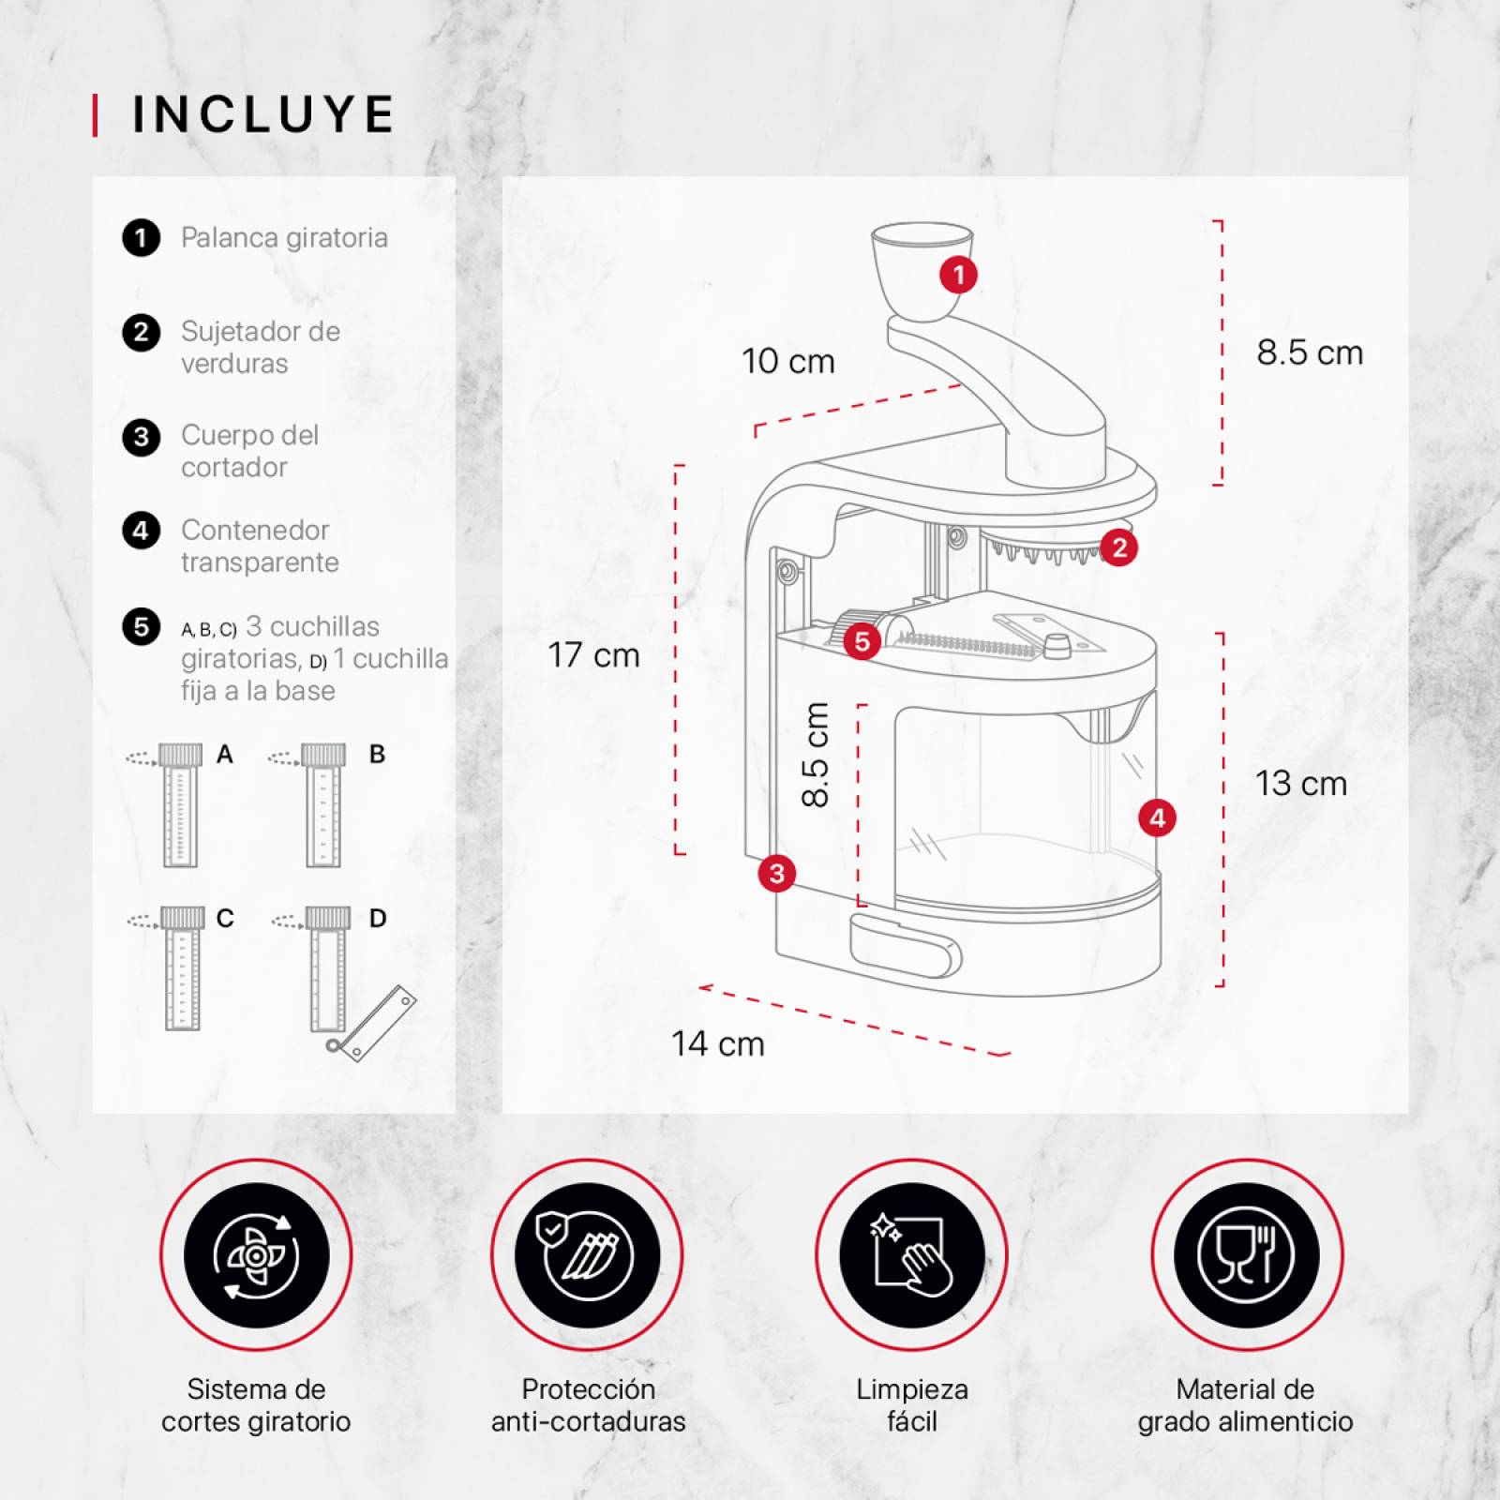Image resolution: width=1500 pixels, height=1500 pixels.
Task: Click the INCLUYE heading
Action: [x=263, y=114]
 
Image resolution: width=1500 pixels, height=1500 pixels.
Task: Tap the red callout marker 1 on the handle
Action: [x=958, y=275]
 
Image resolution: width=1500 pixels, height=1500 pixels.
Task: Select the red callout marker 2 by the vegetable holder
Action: [x=1119, y=547]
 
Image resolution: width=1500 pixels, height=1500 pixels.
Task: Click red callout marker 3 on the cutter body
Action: [x=776, y=874]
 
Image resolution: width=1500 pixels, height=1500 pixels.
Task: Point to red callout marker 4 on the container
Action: [x=1157, y=817]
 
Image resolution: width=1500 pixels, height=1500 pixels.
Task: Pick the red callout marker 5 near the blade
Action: [x=862, y=641]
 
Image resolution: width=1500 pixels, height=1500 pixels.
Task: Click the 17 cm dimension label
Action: [x=593, y=654]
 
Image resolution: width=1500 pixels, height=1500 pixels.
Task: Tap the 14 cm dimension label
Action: [x=718, y=1043]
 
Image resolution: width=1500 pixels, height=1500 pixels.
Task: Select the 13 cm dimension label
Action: [x=1301, y=783]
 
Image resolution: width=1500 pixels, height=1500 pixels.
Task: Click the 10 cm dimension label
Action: [x=788, y=361]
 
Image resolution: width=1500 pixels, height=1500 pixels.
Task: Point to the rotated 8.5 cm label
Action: [x=816, y=755]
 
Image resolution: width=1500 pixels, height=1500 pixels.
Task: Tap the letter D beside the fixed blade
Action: [x=378, y=918]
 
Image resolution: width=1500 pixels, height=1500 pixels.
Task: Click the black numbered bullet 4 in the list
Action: [x=141, y=531]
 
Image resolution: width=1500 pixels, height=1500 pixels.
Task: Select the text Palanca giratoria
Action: [x=284, y=237]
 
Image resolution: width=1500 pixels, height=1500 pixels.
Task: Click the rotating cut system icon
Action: [x=256, y=1255]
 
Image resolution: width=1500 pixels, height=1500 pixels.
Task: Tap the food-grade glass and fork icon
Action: [x=1246, y=1255]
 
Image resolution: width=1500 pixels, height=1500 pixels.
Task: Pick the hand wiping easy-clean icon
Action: [x=911, y=1255]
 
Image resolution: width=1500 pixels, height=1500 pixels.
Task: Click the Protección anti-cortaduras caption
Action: [x=588, y=1404]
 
